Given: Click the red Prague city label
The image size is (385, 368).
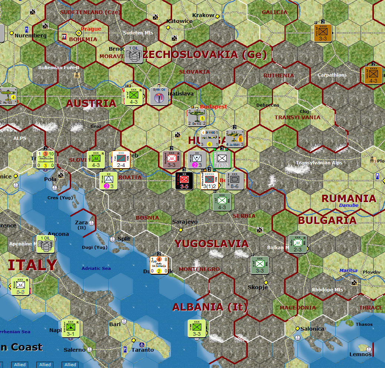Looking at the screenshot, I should click(91, 29).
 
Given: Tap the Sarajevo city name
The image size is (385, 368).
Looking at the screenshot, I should click(185, 222).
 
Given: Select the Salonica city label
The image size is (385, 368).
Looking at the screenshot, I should click(312, 329).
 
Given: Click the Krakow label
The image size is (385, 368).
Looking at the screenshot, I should click(203, 15).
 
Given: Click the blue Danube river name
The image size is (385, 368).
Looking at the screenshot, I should click(349, 205).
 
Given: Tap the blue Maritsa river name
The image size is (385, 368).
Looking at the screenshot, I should click(348, 271).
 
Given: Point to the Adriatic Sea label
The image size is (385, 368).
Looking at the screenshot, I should click(96, 268).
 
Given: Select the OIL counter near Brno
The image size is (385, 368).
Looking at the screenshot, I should click(134, 54).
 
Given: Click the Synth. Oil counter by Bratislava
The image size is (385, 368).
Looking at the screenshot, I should click(159, 96).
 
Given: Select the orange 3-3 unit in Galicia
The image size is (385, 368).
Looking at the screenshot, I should click(323, 33).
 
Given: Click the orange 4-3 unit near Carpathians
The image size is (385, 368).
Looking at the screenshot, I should click(373, 75).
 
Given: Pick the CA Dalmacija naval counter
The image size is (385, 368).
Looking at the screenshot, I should click(159, 265).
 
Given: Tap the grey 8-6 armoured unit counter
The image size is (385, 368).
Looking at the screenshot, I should click(234, 181).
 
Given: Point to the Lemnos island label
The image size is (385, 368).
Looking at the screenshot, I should click(360, 354).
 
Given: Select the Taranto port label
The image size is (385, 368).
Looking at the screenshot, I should click(142, 349).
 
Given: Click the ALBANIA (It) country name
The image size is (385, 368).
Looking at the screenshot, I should click(210, 307).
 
